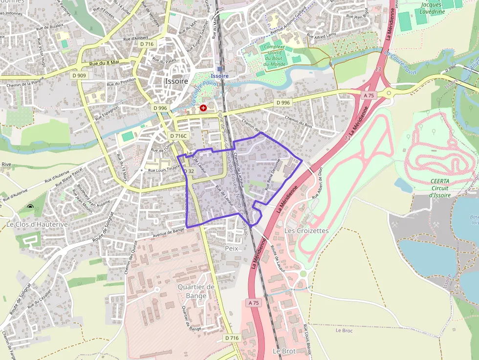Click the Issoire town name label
coord(176,82)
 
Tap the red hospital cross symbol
coord(203,107)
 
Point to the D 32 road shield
coord(188,171)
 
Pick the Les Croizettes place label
coord(306,230)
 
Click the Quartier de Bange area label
coord(196,291)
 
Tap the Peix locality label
coord(231,248)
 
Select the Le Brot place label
coord(283,351)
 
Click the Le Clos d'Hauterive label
coord(30,224)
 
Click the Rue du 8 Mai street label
coord(105,63)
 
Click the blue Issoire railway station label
coord(219,76)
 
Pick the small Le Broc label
coord(344,330)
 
